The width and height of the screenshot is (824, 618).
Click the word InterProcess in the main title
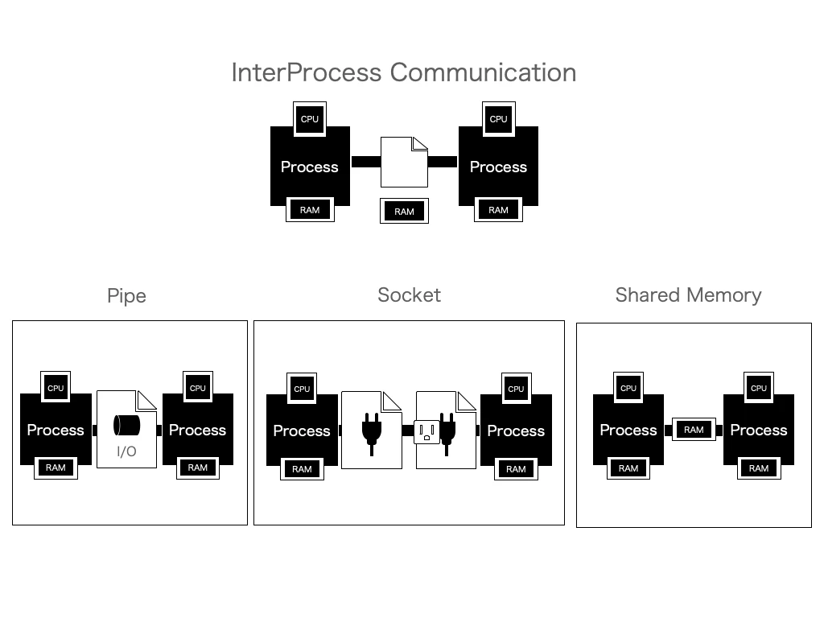tap(307, 72)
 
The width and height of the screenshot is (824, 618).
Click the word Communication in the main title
tap(483, 72)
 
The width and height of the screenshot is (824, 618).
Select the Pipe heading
tap(126, 296)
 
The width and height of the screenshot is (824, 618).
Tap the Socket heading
tap(410, 295)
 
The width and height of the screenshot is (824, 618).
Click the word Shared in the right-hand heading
tap(648, 295)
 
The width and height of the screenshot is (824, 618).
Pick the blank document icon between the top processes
tap(404, 162)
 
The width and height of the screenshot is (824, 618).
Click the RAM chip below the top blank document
tap(404, 211)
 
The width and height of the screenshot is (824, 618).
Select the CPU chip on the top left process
tap(310, 119)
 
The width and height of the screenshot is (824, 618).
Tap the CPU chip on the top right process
tap(498, 119)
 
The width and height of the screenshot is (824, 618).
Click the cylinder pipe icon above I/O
tap(126, 425)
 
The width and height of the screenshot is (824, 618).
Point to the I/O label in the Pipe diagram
tap(126, 451)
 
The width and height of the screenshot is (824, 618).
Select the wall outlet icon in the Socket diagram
tap(426, 432)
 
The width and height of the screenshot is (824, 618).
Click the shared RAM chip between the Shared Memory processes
tap(694, 430)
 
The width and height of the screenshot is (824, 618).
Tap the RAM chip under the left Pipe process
tap(56, 468)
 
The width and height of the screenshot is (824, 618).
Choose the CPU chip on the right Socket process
tap(516, 389)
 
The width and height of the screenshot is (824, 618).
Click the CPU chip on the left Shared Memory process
tap(628, 388)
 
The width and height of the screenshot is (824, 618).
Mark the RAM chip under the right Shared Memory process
tap(759, 468)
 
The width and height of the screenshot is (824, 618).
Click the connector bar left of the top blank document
tap(366, 162)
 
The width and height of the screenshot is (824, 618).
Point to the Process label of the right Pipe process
tap(198, 430)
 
